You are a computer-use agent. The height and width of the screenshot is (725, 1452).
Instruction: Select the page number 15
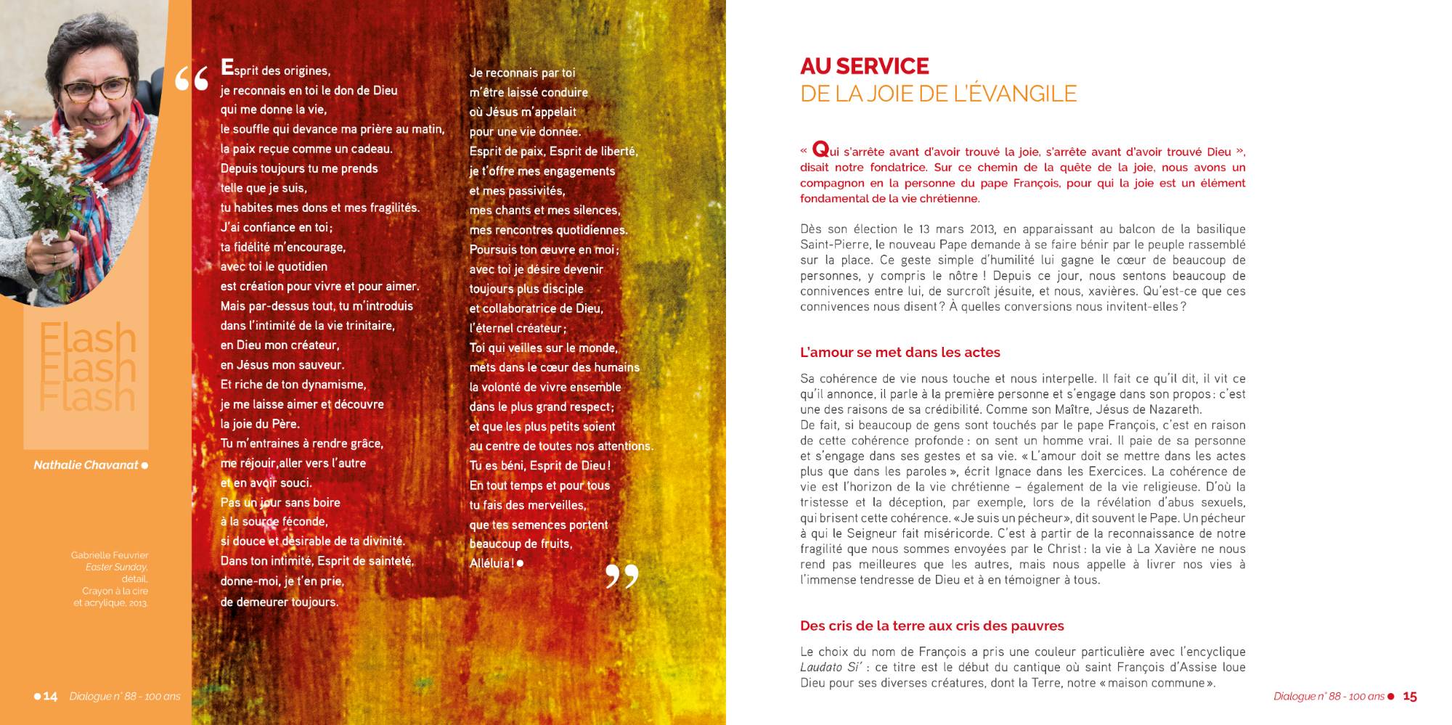point(1410,697)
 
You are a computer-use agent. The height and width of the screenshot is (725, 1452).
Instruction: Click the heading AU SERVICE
point(864,67)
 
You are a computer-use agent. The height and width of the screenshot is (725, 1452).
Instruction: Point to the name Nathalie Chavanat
point(86,465)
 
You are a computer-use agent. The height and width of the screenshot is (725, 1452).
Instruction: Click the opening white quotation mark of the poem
point(192,78)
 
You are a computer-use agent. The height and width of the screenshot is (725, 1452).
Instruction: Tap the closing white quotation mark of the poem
point(621,576)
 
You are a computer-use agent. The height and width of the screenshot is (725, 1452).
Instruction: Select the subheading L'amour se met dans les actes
point(900,353)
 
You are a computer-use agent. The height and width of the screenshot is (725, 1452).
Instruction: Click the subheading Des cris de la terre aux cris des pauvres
point(931,626)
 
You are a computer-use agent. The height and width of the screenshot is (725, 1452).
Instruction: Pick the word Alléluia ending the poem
point(492,563)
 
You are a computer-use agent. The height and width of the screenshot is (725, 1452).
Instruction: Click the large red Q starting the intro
point(820,149)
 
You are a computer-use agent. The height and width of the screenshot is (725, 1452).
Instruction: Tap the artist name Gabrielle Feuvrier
point(110,555)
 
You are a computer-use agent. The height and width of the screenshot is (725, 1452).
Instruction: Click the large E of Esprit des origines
point(227,68)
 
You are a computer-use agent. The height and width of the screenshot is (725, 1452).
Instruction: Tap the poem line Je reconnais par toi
point(522,73)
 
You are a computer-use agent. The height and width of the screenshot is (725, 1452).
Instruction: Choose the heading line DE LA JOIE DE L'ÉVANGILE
point(938,94)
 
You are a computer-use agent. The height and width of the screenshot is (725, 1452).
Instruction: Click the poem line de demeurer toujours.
point(279,602)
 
